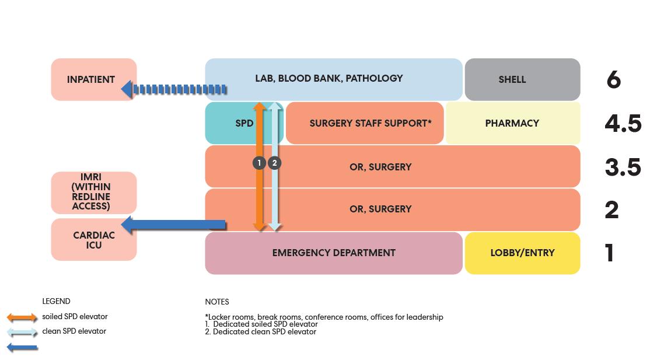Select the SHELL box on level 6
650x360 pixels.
522,79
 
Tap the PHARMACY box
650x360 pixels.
512,123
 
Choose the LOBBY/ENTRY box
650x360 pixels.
522,253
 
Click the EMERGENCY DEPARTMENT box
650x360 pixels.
333,253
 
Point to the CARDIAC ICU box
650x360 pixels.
93,240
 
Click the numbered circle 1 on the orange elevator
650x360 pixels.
260,163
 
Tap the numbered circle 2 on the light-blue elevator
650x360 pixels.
275,163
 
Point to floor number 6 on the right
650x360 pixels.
613,79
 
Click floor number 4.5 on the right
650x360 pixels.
623,123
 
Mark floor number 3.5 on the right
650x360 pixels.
623,167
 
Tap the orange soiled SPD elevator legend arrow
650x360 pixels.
22,317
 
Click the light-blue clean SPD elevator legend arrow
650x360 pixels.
22,332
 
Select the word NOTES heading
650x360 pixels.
217,302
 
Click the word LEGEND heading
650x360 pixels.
56,301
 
